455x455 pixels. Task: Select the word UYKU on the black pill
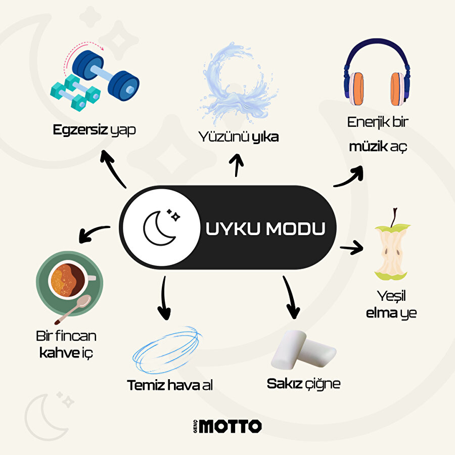click(x=233, y=228)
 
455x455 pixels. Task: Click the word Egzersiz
click(x=80, y=130)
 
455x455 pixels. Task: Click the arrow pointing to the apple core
click(x=352, y=248)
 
